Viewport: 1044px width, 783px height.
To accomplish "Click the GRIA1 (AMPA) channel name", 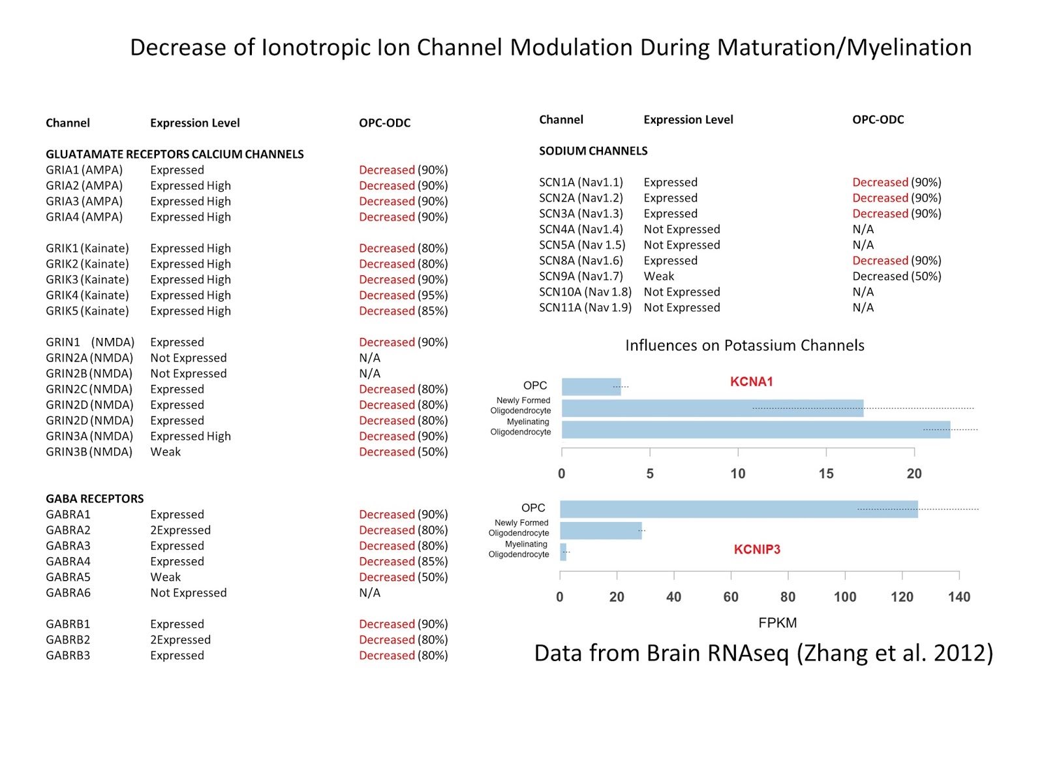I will point(84,170).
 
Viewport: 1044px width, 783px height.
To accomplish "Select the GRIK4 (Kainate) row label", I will point(87,296).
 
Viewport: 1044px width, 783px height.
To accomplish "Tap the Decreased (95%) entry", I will point(403,296).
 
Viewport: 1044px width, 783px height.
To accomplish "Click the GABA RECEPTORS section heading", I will point(95,499).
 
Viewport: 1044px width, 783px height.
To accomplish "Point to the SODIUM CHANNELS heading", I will point(593,151).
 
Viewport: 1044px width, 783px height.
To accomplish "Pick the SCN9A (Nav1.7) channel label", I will point(581,277).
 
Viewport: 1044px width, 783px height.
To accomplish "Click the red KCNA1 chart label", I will point(751,382).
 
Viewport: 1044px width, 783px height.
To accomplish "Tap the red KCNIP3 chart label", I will point(757,549).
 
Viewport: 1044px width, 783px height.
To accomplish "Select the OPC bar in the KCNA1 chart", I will point(591,387).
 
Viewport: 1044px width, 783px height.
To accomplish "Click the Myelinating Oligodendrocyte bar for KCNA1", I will point(756,429).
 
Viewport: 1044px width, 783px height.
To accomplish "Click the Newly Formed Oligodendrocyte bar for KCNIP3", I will point(601,530).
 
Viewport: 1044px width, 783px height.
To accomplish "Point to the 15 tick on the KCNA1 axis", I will point(826,474).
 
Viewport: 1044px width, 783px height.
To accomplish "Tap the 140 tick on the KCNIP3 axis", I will point(959,597).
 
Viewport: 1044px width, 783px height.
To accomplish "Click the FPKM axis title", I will point(777,623).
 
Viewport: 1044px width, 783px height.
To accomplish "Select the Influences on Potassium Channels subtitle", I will point(745,346).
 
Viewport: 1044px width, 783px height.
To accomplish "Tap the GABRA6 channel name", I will point(68,593).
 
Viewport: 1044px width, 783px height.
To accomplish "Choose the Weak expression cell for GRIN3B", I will point(166,452).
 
